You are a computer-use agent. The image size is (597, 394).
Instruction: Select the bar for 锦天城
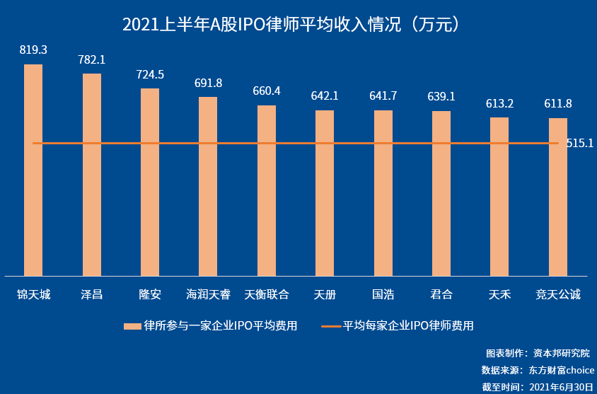click(x=33, y=170)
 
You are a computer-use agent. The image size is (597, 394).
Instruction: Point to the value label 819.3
click(x=33, y=50)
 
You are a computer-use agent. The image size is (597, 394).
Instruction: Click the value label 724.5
click(x=150, y=74)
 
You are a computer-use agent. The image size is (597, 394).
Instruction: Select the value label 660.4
click(x=267, y=91)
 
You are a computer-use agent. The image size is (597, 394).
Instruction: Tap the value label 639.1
click(x=441, y=96)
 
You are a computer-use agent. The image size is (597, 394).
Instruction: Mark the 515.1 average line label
click(x=580, y=144)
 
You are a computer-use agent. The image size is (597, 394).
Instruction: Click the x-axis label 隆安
click(x=150, y=294)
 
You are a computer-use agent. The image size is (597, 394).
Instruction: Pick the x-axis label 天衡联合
click(x=267, y=294)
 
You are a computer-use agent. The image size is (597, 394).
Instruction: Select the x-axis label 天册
click(x=325, y=294)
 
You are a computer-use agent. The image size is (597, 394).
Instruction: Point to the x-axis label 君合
click(x=441, y=294)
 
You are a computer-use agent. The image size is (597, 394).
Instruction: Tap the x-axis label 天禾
click(x=499, y=294)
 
